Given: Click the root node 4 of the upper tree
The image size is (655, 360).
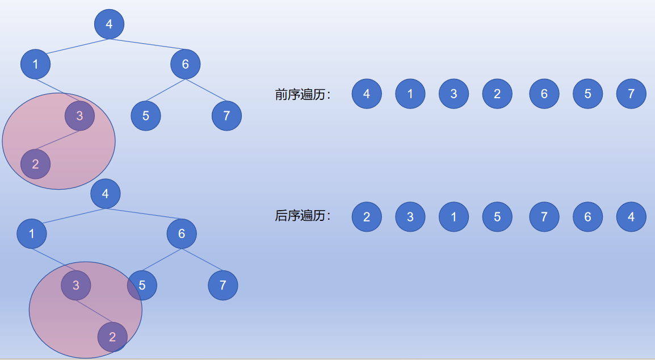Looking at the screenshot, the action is tap(109, 24).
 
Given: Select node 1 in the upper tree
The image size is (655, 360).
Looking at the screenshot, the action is tap(35, 64).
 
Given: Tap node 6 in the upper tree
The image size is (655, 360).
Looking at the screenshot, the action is tap(185, 64).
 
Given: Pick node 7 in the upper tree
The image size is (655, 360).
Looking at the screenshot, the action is tap(226, 116).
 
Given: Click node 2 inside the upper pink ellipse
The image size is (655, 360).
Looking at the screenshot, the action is tap(35, 165).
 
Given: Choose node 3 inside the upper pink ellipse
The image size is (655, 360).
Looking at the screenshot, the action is tap(79, 116).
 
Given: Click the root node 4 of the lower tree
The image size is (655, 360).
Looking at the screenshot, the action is tap(105, 194).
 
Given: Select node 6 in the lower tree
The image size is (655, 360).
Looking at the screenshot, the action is tap(182, 233).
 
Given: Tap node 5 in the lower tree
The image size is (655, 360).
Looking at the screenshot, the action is tap(142, 285).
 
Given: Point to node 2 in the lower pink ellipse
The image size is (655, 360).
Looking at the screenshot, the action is tap(112, 337).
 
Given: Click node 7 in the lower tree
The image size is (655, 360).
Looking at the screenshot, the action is tap(222, 285).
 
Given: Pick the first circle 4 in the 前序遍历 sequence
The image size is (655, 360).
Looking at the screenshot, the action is tap(367, 94).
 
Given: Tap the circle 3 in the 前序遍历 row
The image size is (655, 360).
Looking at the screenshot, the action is tap(454, 94).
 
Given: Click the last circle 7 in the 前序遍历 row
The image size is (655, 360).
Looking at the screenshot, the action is tap(631, 94).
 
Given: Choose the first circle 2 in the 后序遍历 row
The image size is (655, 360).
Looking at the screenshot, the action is tap(367, 217).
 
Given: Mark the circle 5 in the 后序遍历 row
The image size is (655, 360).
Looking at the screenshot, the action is tap(497, 217).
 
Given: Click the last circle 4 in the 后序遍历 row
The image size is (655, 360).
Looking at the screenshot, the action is tap(631, 217).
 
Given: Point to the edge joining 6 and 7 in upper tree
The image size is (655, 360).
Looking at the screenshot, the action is tap(206, 91).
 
